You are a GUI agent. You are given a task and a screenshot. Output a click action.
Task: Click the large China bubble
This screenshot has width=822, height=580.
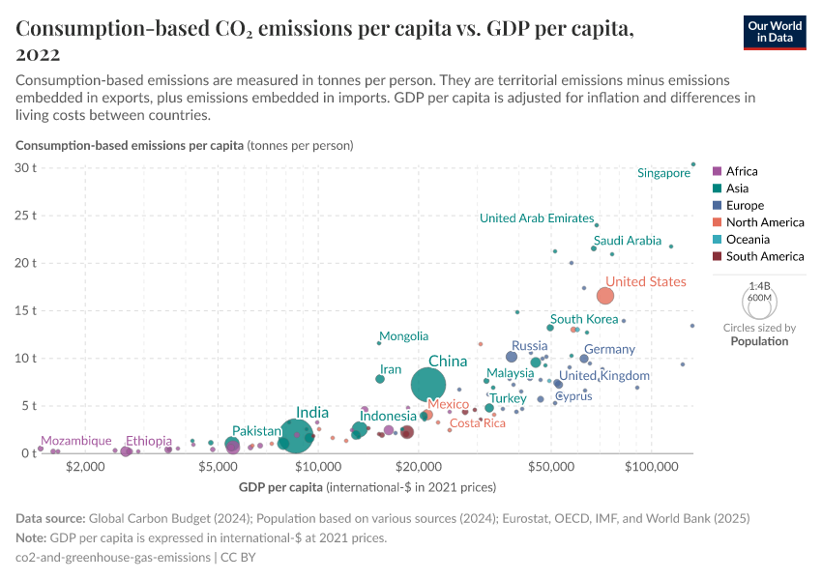click(x=428, y=385)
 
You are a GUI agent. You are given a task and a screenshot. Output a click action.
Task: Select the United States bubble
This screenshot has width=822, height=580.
click(x=605, y=296)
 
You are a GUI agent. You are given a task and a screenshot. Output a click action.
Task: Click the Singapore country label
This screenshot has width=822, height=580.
click(x=663, y=173)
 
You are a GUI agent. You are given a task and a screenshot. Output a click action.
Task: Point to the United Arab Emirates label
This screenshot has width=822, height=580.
click(x=536, y=218)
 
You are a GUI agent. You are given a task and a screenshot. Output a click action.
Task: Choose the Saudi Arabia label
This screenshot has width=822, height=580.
click(x=628, y=241)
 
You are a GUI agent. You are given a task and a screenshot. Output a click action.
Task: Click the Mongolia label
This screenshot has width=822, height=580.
click(x=403, y=336)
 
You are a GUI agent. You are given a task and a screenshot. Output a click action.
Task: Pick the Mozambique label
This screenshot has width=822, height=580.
click(x=75, y=441)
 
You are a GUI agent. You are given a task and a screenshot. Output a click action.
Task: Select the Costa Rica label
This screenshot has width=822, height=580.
click(x=478, y=423)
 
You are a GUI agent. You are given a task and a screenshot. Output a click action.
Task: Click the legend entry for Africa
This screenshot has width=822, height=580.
click(x=742, y=171)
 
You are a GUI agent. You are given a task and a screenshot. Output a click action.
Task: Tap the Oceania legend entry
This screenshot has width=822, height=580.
click(x=748, y=240)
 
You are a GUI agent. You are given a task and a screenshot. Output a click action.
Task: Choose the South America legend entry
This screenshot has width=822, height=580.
click(x=764, y=257)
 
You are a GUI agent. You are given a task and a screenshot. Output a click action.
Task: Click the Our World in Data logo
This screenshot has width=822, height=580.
click(x=775, y=32)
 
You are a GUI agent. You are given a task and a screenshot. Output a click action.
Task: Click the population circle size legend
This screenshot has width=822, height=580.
click(x=759, y=303)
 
